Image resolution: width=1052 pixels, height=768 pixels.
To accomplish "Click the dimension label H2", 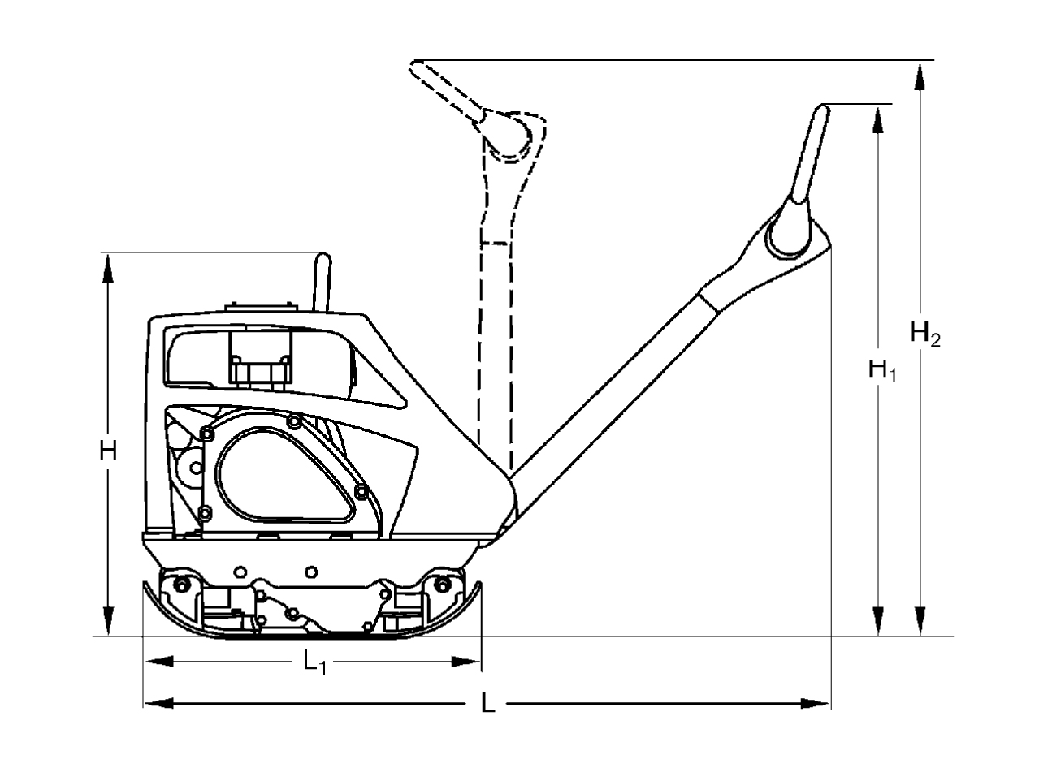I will pyautogui.click(x=925, y=334).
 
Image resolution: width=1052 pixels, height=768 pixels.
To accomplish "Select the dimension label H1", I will pyautogui.click(x=882, y=371).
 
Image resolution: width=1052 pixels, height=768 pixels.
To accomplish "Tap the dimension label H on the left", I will pyautogui.click(x=108, y=451).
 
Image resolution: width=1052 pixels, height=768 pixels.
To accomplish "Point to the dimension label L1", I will pyautogui.click(x=314, y=663).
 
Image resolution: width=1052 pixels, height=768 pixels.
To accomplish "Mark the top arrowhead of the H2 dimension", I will pyautogui.click(x=920, y=75).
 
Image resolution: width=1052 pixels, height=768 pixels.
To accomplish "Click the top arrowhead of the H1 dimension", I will pyautogui.click(x=877, y=119).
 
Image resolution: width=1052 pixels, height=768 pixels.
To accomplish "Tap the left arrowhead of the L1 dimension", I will pyautogui.click(x=158, y=662).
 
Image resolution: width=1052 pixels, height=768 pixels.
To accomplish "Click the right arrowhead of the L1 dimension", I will pyautogui.click(x=467, y=662).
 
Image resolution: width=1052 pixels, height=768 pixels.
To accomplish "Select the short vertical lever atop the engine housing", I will pyautogui.click(x=323, y=281).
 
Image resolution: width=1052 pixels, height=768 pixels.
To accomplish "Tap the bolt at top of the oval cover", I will pyautogui.click(x=293, y=421).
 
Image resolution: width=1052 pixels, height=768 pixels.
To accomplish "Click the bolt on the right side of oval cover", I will pyautogui.click(x=361, y=491).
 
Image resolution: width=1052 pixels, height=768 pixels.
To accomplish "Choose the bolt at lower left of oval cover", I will pyautogui.click(x=205, y=511).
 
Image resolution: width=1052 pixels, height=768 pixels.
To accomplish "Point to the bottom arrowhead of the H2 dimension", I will pyautogui.click(x=920, y=621).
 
